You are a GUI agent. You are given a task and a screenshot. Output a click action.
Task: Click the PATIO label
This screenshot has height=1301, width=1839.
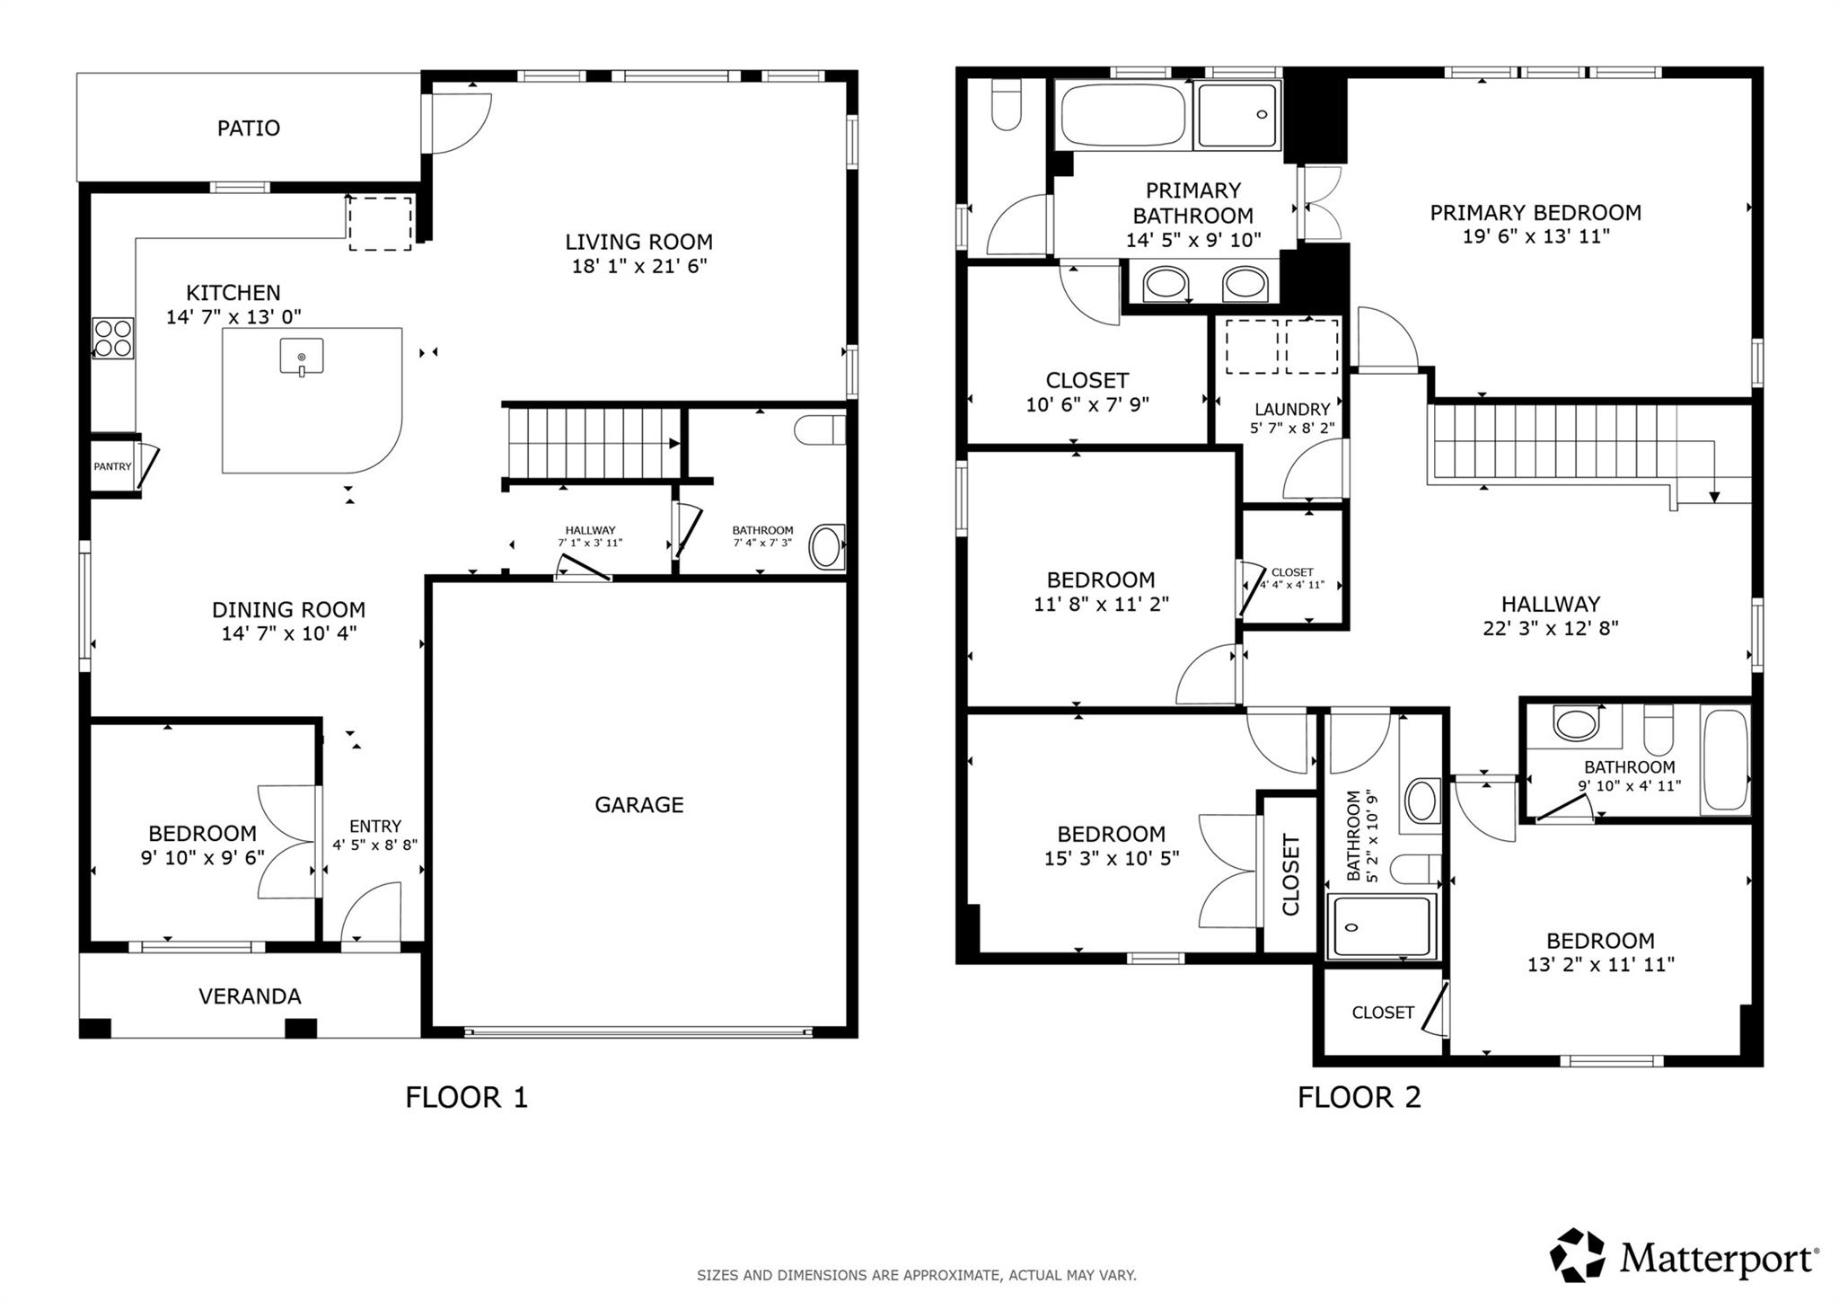click(x=249, y=128)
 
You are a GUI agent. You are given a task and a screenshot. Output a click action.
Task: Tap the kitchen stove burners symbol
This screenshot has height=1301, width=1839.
click(x=113, y=339)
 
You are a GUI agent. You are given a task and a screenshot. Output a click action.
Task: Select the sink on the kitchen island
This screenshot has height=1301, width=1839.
click(x=302, y=357)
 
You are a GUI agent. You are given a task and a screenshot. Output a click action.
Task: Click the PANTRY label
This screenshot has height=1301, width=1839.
click(x=112, y=466)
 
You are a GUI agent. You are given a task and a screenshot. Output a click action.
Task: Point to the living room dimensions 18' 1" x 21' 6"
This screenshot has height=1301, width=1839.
click(x=639, y=266)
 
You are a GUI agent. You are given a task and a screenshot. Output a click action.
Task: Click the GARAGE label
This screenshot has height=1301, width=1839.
click(x=638, y=804)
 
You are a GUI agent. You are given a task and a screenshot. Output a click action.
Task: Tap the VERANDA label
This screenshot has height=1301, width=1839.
click(x=250, y=996)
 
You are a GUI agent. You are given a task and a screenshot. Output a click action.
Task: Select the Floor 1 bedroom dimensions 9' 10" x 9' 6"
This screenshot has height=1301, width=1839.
click(x=202, y=857)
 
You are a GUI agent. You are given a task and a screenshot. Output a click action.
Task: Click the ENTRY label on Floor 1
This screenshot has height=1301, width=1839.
click(x=375, y=826)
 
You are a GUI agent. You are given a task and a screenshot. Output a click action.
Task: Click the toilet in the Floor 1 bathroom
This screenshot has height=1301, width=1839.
click(x=820, y=429)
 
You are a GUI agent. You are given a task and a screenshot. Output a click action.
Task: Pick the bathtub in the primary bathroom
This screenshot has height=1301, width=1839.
click(x=1122, y=115)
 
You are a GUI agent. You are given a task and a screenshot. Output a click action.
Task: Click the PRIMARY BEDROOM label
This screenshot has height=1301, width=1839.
click(x=1535, y=212)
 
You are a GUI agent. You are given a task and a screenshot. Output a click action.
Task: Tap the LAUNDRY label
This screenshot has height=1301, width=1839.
click(x=1292, y=409)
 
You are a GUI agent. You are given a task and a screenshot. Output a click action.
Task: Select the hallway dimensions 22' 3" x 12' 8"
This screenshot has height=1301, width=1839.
click(x=1551, y=628)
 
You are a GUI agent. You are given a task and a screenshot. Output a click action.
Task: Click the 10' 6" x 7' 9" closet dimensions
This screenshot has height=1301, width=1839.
click(x=1087, y=404)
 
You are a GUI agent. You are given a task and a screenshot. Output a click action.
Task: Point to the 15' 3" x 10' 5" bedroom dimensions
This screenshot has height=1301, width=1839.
click(x=1111, y=858)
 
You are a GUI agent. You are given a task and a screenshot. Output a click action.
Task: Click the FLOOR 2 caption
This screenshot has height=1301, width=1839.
click(x=1359, y=1097)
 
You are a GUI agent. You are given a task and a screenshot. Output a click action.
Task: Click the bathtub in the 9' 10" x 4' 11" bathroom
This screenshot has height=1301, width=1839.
click(x=1725, y=761)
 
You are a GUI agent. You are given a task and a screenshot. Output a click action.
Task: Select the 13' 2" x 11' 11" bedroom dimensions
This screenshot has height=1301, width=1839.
click(x=1600, y=965)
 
